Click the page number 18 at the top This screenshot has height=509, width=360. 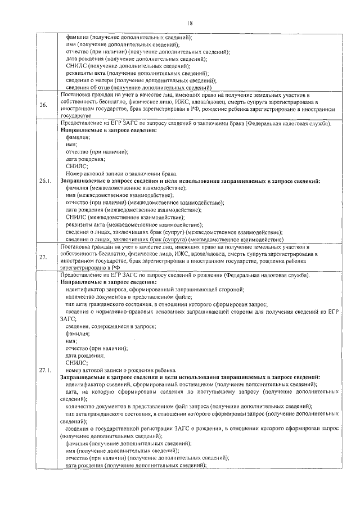coord(189,23)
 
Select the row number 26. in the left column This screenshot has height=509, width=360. coord(43,105)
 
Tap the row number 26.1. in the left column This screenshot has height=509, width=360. coord(45,181)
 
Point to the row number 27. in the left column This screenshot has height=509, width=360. coord(43,258)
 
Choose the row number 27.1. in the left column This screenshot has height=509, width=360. coord(45,370)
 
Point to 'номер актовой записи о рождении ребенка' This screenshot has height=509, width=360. coord(121,370)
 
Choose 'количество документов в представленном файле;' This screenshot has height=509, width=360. coord(129,296)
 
